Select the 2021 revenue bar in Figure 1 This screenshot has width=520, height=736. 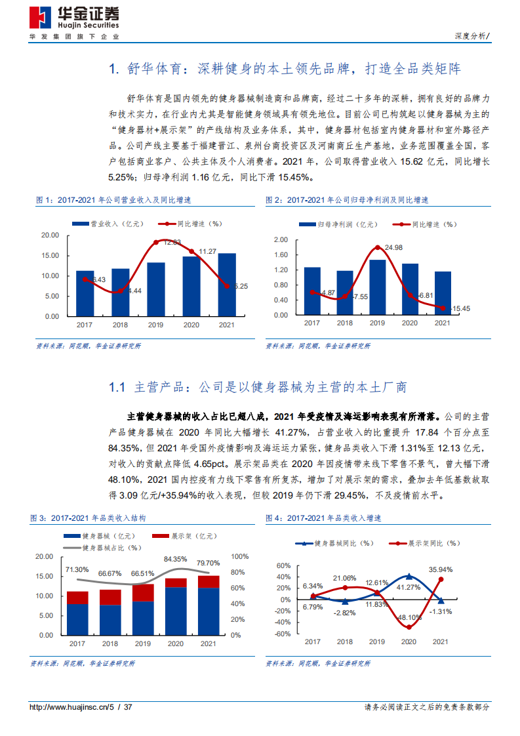[227, 285]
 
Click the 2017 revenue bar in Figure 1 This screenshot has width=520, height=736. [85, 293]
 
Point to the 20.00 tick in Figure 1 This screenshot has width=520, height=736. [50, 235]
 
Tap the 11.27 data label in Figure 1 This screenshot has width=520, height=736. [207, 251]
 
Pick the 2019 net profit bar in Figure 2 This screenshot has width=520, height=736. [377, 287]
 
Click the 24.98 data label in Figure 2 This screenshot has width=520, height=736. [393, 247]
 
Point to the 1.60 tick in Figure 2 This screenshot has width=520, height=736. [280, 255]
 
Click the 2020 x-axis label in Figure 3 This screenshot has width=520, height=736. [175, 644]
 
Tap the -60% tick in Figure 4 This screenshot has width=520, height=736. [282, 634]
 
